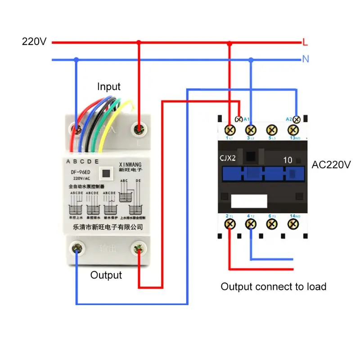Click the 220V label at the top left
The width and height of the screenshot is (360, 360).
coord(34,42)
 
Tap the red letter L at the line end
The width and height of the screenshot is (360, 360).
coord(305,43)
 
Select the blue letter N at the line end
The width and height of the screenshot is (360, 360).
coord(306,59)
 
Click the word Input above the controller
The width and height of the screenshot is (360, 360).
coord(109,87)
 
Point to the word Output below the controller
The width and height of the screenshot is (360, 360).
coord(106,275)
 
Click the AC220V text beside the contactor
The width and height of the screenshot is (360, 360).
coord(331,165)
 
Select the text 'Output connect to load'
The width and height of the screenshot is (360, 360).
coord(273,287)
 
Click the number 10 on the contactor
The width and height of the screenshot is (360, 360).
coord(288,160)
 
